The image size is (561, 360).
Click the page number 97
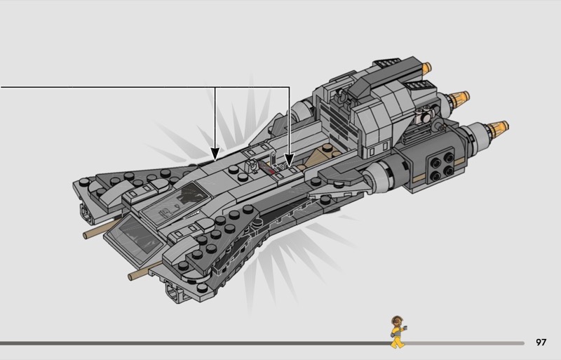(x=541, y=342)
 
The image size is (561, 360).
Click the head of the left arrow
(x=215, y=152)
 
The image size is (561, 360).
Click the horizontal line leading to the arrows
(x=105, y=87)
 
